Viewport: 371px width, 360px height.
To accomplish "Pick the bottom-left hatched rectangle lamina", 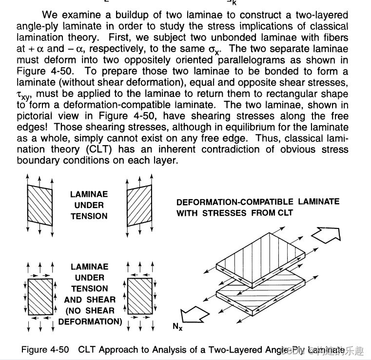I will tap(39, 298).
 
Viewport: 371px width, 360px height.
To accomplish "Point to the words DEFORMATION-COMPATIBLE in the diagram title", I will tap(234, 202).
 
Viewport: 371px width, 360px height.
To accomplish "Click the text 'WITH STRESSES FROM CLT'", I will tap(234, 213).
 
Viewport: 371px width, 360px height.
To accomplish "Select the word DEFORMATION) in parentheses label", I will tap(90, 322).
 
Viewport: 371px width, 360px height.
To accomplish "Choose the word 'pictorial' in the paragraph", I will tap(34, 115).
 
